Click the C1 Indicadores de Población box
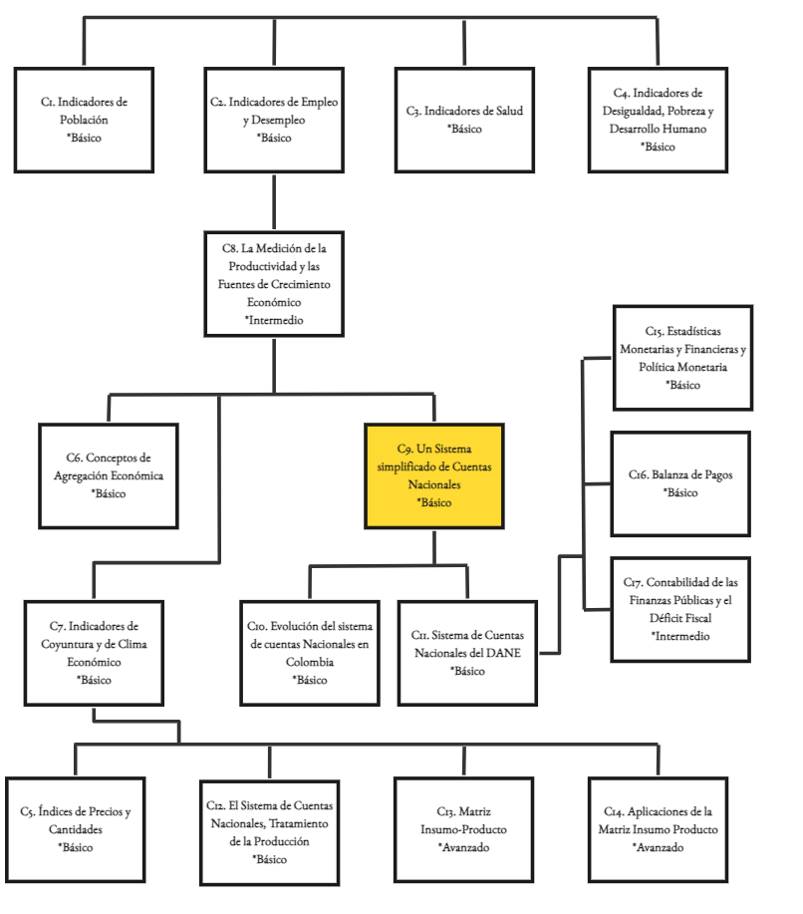pyautogui.click(x=84, y=120)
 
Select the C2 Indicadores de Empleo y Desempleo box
pyautogui.click(x=274, y=120)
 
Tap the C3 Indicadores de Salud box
pyautogui.click(x=464, y=120)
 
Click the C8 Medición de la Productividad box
pyautogui.click(x=274, y=284)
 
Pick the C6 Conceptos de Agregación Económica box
pyautogui.click(x=109, y=475)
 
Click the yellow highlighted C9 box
pyautogui.click(x=433, y=475)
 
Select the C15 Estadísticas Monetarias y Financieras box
pyautogui.click(x=682, y=357)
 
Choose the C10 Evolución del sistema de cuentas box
pyautogui.click(x=309, y=653)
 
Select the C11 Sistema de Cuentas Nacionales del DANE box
pyautogui.click(x=467, y=653)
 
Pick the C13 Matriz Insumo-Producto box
pyautogui.click(x=464, y=829)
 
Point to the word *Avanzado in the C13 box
pyautogui.click(x=464, y=847)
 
